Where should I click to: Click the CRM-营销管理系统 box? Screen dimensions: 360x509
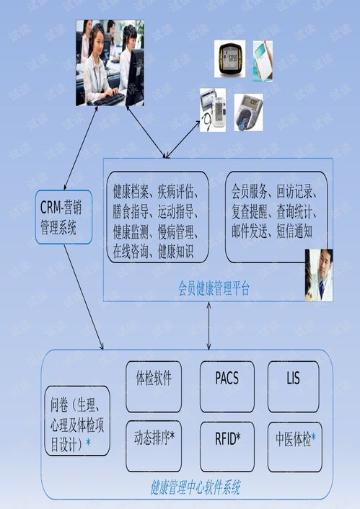coord(63,217)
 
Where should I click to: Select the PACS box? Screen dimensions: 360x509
coord(227,386)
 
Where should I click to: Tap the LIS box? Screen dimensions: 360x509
coord(294,386)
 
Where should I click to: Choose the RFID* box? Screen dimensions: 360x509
coord(227,447)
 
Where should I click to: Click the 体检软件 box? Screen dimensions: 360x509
coord(154,386)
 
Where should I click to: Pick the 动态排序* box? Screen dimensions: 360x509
coord(154,447)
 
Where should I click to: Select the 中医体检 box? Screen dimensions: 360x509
coord(295,447)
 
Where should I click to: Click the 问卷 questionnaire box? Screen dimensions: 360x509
coord(77,421)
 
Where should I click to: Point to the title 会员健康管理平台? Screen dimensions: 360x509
coord(214,288)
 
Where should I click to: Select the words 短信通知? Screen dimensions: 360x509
coord(294,231)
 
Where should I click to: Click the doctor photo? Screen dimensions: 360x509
coord(319,275)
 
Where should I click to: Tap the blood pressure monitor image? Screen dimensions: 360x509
coord(213,110)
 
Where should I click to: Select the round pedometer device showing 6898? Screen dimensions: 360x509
coord(229,58)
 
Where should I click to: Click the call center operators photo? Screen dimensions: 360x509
coord(110,63)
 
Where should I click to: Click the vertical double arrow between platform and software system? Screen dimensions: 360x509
coord(209,326)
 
